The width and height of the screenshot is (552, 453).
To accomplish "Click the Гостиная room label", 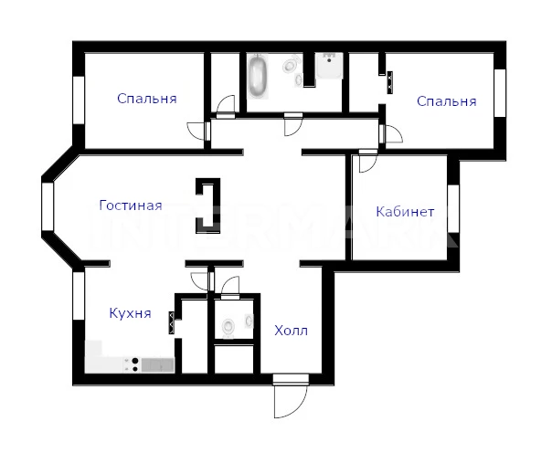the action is tap(131, 205).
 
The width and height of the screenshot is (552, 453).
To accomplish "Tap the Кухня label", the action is tap(131, 312).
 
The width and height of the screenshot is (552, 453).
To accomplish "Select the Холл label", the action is tap(292, 331).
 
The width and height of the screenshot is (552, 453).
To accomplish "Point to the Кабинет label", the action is tap(405, 212).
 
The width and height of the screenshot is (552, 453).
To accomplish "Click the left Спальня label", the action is tap(147, 99).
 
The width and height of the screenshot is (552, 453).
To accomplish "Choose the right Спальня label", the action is tap(446, 101).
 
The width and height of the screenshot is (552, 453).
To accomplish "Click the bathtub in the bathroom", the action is tap(258, 77).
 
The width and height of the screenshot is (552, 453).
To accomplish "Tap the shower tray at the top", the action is tap(329, 66).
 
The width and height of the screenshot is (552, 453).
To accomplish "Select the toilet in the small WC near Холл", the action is tap(228, 329).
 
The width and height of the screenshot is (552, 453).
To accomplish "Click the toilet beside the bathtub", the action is tap(290, 65).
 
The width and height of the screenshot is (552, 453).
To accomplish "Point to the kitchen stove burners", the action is tap(135, 364).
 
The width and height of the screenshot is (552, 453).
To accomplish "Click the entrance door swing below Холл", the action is tap(291, 400).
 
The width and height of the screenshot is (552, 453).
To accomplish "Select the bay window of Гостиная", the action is tap(48, 206).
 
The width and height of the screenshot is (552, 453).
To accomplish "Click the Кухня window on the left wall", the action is tap(79, 296).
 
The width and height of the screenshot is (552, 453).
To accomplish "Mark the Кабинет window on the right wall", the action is tap(453, 208).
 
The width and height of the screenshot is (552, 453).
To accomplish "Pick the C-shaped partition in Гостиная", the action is tap(208, 205).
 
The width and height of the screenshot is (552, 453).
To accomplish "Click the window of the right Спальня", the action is tap(500, 93).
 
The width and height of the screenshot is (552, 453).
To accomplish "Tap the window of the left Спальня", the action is tap(79, 100).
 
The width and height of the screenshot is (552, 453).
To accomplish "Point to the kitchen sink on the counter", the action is tap(158, 365).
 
